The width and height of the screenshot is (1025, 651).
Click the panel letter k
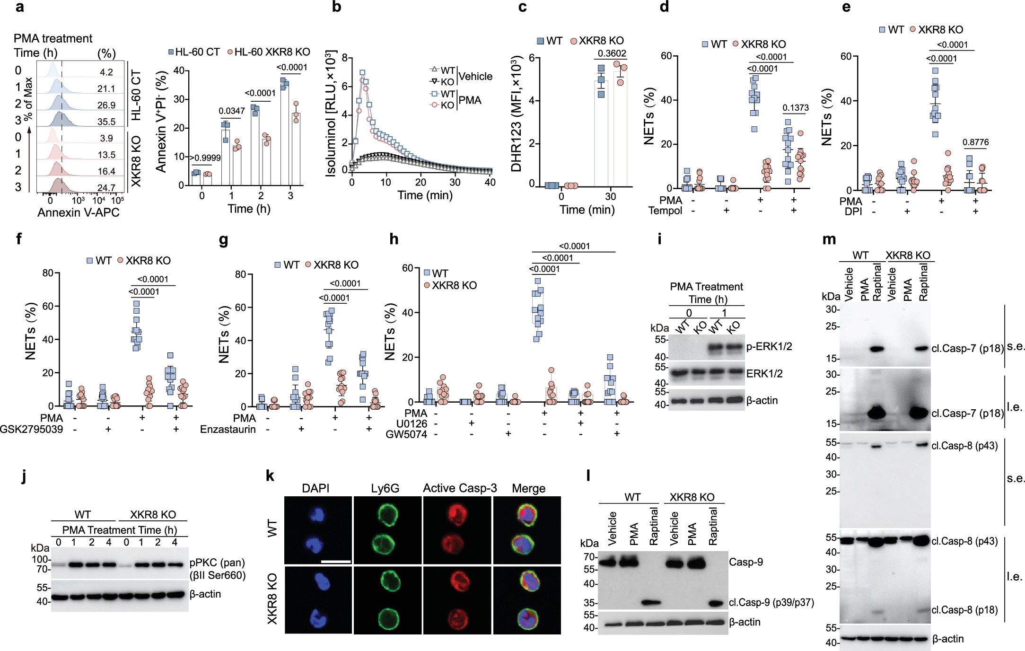pyautogui.click(x=270, y=476)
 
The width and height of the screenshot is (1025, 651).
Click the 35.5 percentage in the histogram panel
pyautogui.click(x=106, y=122)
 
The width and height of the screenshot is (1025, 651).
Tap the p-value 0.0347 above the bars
pyautogui.click(x=232, y=111)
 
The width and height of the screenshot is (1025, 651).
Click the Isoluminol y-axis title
pyautogui.click(x=331, y=114)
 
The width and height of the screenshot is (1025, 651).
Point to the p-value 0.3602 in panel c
pyautogui.click(x=612, y=53)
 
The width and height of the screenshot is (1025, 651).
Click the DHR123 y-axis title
pyautogui.click(x=517, y=114)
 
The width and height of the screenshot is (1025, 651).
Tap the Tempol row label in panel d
pyautogui.click(x=665, y=211)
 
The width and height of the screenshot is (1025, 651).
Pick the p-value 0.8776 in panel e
pyautogui.click(x=975, y=142)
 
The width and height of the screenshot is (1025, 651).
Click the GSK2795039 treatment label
pyautogui.click(x=31, y=430)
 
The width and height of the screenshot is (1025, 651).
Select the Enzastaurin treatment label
pyautogui.click(x=228, y=430)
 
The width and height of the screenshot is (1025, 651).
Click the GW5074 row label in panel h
pyautogui.click(x=406, y=434)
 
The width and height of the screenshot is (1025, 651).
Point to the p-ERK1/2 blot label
pyautogui.click(x=769, y=347)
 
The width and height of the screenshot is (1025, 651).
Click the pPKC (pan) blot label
pyautogui.click(x=217, y=563)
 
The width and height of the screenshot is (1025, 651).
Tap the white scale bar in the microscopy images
pyautogui.click(x=336, y=562)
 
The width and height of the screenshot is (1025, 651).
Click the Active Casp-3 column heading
pyautogui.click(x=460, y=488)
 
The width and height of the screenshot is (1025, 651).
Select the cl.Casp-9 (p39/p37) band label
pyautogui.click(x=771, y=603)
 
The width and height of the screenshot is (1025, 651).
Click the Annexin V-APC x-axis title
pyautogui.click(x=79, y=212)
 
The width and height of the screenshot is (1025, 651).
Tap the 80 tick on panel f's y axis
pyautogui.click(x=48, y=273)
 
